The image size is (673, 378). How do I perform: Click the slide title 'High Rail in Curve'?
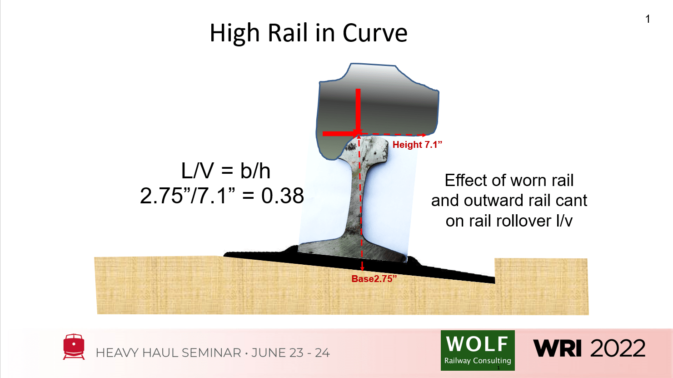(308, 33)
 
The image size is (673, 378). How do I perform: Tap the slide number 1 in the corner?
(648, 19)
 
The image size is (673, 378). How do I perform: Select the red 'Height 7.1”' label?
(417, 145)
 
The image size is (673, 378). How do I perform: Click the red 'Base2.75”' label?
(374, 279)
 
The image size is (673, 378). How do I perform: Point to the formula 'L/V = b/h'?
(225, 171)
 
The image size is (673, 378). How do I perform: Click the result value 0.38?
(282, 196)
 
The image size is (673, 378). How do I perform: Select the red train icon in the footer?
(74, 347)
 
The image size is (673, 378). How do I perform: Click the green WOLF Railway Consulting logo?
(478, 350)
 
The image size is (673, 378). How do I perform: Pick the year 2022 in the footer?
(618, 348)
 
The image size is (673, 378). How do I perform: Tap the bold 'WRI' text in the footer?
(558, 348)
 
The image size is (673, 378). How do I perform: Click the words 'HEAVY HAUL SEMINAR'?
(168, 353)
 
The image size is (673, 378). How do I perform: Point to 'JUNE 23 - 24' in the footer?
(290, 353)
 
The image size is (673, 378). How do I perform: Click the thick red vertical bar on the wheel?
(358, 109)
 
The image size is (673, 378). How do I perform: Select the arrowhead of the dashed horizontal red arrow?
(424, 135)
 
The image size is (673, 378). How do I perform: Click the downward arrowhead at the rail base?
(362, 268)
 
